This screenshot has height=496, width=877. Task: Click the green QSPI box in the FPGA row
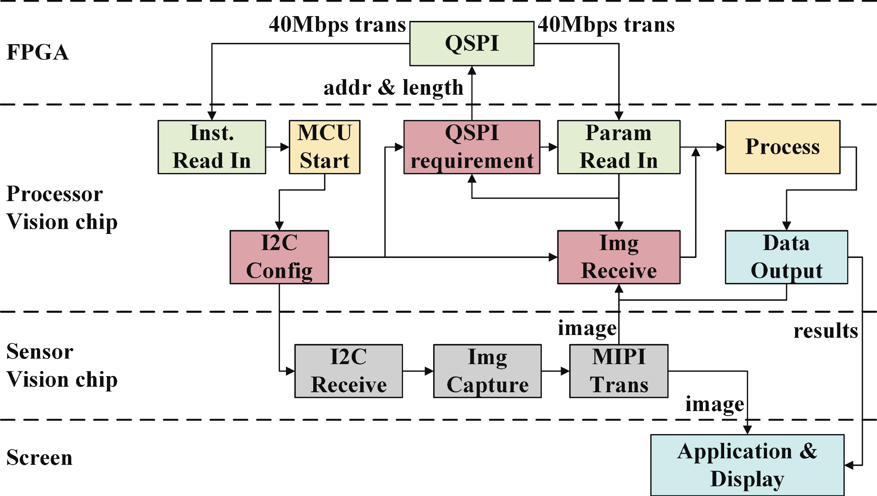tap(472, 44)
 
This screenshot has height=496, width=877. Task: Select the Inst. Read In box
tap(212, 147)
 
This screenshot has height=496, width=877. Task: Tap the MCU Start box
tap(324, 147)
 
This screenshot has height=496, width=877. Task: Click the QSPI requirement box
tap(472, 147)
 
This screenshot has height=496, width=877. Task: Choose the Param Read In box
tap(619, 147)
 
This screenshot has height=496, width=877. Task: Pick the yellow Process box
tap(782, 147)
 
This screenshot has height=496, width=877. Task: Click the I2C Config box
tap(279, 257)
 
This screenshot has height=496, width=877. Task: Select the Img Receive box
tap(619, 257)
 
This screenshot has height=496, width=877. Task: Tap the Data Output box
tap(786, 257)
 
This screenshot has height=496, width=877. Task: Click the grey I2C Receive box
tap(349, 371)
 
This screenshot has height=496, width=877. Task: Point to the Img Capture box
tap(487, 371)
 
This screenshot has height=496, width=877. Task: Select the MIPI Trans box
tap(619, 371)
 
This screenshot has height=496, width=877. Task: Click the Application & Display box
tap(747, 465)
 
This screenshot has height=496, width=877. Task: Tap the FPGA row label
tap(38, 52)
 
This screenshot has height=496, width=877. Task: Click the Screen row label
tap(39, 458)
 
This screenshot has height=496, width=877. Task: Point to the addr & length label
tap(393, 88)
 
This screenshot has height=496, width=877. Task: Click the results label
tap(826, 331)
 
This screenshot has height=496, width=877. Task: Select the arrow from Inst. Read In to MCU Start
tap(277, 147)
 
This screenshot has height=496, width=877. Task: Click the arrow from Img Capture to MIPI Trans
tap(555, 371)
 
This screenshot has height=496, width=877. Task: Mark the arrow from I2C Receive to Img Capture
tap(418, 371)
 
